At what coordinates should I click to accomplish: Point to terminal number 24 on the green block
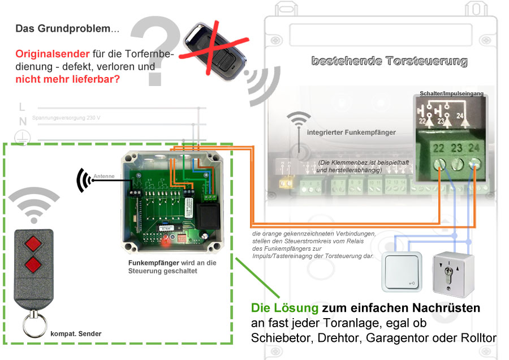(x=474, y=164)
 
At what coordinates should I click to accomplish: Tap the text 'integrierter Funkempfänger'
(x=351, y=132)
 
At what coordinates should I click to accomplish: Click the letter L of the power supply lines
(x=22, y=107)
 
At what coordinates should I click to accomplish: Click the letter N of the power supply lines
(x=23, y=121)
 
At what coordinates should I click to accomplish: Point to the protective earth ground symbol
(x=23, y=136)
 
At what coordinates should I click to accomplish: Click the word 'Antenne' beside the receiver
(x=105, y=176)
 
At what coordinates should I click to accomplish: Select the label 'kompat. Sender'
(x=76, y=334)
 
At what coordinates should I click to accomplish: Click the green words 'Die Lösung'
(x=284, y=308)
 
